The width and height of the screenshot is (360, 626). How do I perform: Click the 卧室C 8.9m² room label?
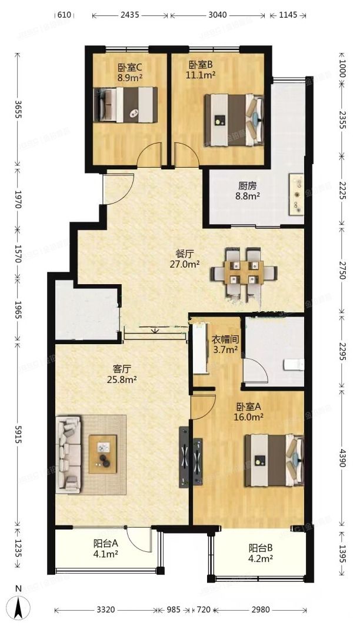coord(129,72)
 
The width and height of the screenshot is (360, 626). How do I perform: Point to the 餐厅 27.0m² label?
coord(185,259)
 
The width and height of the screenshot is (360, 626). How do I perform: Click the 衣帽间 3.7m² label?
coord(224,345)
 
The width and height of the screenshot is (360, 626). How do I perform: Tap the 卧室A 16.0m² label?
coord(249,411)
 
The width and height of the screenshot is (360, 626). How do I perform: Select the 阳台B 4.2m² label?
coord(260,554)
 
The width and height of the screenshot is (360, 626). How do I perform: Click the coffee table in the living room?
coord(104,454)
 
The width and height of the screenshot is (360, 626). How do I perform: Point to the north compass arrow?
coord(19,606)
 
